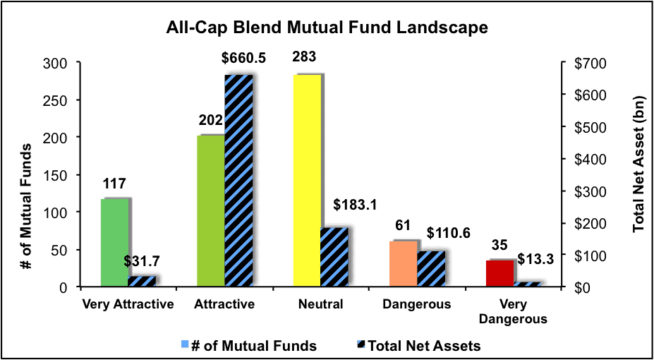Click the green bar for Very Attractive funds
click(115, 243)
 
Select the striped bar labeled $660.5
click(238, 181)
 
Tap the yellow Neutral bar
click(307, 181)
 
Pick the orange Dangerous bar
click(404, 264)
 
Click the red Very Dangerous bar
click(499, 274)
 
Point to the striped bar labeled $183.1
click(334, 258)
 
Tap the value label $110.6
click(448, 233)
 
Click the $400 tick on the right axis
click(582, 159)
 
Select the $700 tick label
click(582, 63)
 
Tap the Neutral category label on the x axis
click(321, 304)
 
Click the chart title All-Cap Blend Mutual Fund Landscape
click(327, 28)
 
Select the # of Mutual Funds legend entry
click(250, 346)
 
